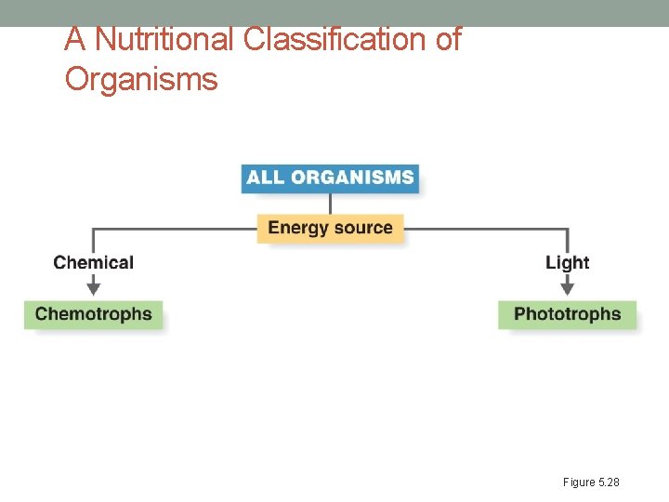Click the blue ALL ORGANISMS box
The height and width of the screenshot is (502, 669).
click(330, 178)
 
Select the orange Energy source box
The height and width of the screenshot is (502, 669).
click(330, 228)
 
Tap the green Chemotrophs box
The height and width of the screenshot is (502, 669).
click(93, 314)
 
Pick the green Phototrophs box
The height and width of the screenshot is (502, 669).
click(567, 314)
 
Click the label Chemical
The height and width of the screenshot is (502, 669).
click(93, 263)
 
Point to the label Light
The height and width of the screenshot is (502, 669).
click(567, 263)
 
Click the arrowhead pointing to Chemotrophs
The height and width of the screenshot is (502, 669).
click(93, 290)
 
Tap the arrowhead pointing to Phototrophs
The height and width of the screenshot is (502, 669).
click(567, 290)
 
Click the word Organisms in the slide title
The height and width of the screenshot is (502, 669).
click(141, 80)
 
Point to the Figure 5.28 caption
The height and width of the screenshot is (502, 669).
click(590, 482)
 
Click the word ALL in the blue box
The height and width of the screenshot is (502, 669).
click(265, 178)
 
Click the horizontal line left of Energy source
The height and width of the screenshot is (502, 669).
click(177, 228)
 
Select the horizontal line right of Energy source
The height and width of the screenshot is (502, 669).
click(483, 228)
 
